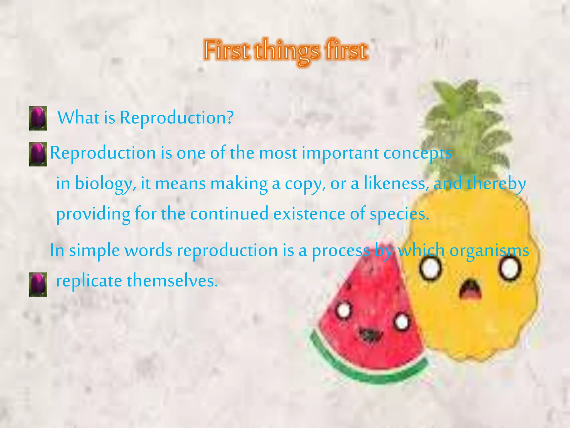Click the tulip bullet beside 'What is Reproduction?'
click(x=38, y=118)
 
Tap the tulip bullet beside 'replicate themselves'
click(x=38, y=284)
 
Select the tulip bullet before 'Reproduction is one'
click(x=38, y=154)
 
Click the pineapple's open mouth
click(x=470, y=290)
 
